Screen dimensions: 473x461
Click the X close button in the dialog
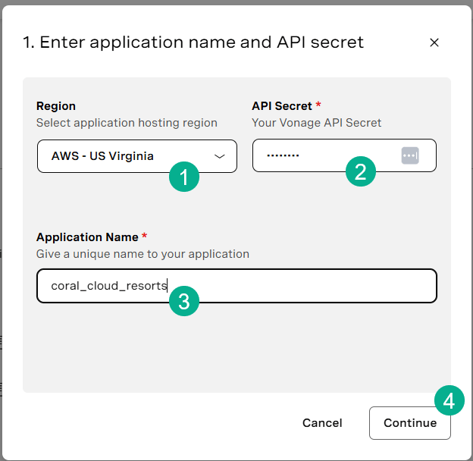(x=434, y=42)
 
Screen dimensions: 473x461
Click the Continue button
(x=409, y=422)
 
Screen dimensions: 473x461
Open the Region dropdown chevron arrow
(x=219, y=156)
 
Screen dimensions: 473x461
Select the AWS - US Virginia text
(x=102, y=156)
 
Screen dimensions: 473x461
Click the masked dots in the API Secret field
(x=283, y=155)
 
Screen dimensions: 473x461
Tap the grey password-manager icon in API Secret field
(x=410, y=155)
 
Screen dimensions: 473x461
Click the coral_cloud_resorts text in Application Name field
(x=109, y=286)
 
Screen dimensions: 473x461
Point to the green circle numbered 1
(x=184, y=177)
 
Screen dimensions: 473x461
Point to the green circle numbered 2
(x=361, y=171)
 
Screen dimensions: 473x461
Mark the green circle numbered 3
(x=184, y=301)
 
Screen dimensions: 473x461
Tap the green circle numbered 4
(x=450, y=400)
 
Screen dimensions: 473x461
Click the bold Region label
(x=56, y=106)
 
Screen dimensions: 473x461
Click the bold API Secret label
(x=282, y=106)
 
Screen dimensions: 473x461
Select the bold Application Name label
(x=87, y=237)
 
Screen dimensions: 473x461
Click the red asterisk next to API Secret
(x=318, y=105)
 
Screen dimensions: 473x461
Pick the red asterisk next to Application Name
(x=145, y=235)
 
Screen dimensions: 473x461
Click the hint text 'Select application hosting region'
(x=127, y=123)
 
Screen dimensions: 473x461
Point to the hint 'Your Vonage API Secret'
(x=317, y=123)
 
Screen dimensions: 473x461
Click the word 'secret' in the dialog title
(x=337, y=42)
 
